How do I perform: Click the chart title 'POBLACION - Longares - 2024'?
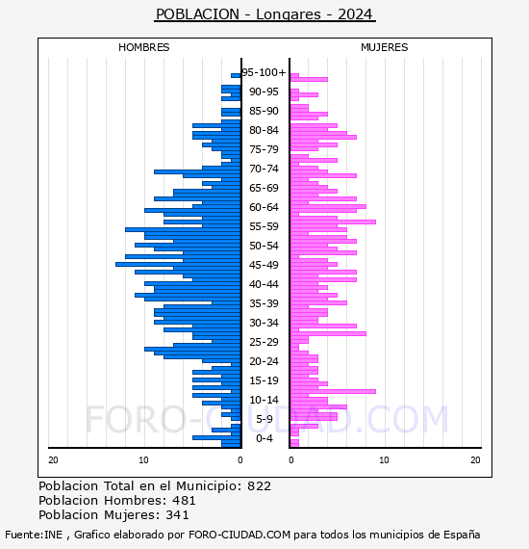click(x=264, y=14)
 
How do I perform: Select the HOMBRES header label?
click(x=143, y=47)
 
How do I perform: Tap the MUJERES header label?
click(x=385, y=47)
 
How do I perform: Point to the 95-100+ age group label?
click(x=264, y=72)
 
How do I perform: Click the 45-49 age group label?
click(x=264, y=265)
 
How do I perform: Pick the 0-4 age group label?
click(x=264, y=438)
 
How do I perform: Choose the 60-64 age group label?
click(x=264, y=207)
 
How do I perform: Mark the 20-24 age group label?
click(x=264, y=361)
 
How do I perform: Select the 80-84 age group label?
click(x=264, y=130)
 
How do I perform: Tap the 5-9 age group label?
click(x=264, y=419)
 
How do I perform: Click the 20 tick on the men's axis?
click(x=53, y=459)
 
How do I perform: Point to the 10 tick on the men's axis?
click(x=143, y=459)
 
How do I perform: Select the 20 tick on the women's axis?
click(x=475, y=459)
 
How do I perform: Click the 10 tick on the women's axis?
click(x=384, y=459)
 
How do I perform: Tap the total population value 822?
click(x=259, y=486)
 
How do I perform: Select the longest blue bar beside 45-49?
click(x=178, y=264)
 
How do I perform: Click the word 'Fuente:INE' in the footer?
click(x=34, y=535)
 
